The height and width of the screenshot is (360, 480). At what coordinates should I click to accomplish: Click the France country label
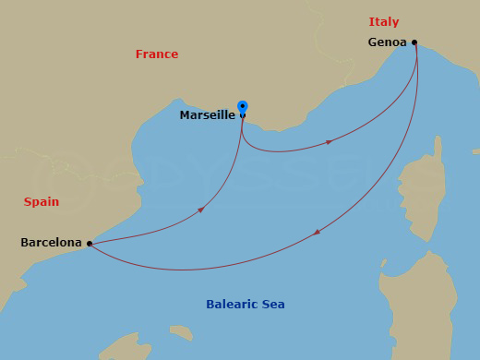click(x=157, y=54)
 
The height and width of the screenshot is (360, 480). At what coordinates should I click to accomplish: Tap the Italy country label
click(x=384, y=21)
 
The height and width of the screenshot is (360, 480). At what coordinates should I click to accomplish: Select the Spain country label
click(x=42, y=201)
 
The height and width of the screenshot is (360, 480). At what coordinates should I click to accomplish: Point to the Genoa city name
click(x=387, y=42)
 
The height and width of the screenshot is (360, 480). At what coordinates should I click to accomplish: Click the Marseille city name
click(x=207, y=115)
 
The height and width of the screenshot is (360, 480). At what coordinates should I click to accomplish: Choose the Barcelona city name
click(x=51, y=243)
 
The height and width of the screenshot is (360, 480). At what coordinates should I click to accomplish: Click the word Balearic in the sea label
click(x=232, y=304)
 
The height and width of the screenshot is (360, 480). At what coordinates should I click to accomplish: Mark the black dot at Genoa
click(x=414, y=42)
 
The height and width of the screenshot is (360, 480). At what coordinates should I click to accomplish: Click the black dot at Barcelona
click(x=89, y=244)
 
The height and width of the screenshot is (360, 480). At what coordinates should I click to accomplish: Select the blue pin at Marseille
click(x=243, y=107)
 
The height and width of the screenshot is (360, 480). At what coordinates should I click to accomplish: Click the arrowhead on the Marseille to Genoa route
click(x=330, y=142)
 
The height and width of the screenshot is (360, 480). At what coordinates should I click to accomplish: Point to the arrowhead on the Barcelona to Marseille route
click(x=200, y=210)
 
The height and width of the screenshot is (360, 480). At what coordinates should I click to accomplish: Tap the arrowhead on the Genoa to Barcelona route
click(x=318, y=233)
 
